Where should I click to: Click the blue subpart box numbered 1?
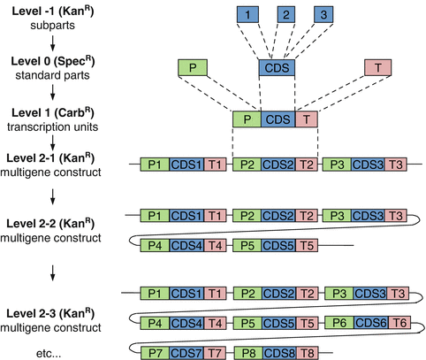tap(250, 15)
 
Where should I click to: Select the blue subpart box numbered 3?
tap(325, 15)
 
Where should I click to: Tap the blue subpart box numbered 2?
tap(288, 15)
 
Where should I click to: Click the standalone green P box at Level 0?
tap(191, 67)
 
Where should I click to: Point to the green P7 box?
tap(156, 352)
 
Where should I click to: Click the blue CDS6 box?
tap(367, 323)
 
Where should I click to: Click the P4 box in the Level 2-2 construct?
tap(156, 244)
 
